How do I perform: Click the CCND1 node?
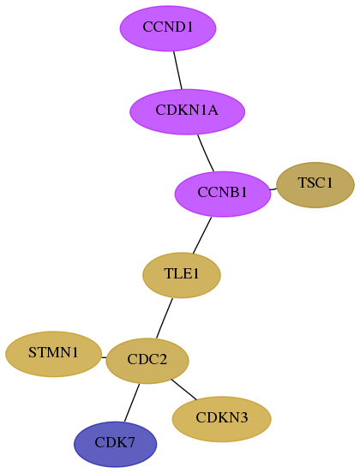pos(168,28)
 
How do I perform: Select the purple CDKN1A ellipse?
pos(187,111)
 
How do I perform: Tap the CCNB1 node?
pos(223,194)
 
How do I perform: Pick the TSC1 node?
pos(315,185)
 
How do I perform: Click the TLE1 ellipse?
pos(182,275)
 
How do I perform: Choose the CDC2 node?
pos(147,361)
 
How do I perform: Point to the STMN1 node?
pos(53,354)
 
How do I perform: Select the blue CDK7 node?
pos(115,444)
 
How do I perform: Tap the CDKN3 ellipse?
pos(221,419)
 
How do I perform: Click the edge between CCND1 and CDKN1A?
pos(177,70)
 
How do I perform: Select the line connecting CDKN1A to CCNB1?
pos(206,153)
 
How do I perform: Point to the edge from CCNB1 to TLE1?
pos(202,235)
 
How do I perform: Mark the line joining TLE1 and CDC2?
pos(165,318)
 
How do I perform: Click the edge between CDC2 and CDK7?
pos(131,403)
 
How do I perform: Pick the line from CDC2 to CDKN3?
pos(183,389)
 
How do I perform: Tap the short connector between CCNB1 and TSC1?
pos(273,189)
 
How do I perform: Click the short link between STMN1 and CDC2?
pos(104,358)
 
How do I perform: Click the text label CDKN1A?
pos(187,110)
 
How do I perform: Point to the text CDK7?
pos(115,442)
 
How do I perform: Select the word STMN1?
pos(53,352)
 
